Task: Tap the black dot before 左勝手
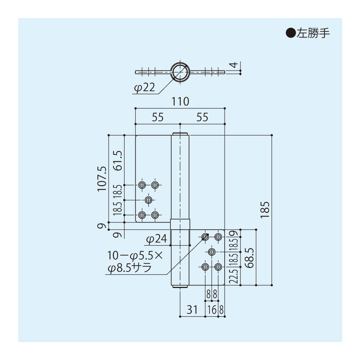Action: (x=290, y=33)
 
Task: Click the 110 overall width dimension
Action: (x=180, y=102)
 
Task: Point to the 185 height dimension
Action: (x=265, y=210)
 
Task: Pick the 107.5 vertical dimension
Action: (x=102, y=178)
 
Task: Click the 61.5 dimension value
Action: (x=118, y=160)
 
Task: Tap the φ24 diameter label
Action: (x=156, y=239)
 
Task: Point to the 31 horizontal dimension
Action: (x=192, y=310)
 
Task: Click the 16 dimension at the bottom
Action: (x=212, y=310)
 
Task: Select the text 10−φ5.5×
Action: (x=135, y=256)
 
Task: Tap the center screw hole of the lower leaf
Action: (x=212, y=251)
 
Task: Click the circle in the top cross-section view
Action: (x=180, y=72)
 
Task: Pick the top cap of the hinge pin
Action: (x=180, y=134)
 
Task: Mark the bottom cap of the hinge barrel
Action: (x=180, y=287)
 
